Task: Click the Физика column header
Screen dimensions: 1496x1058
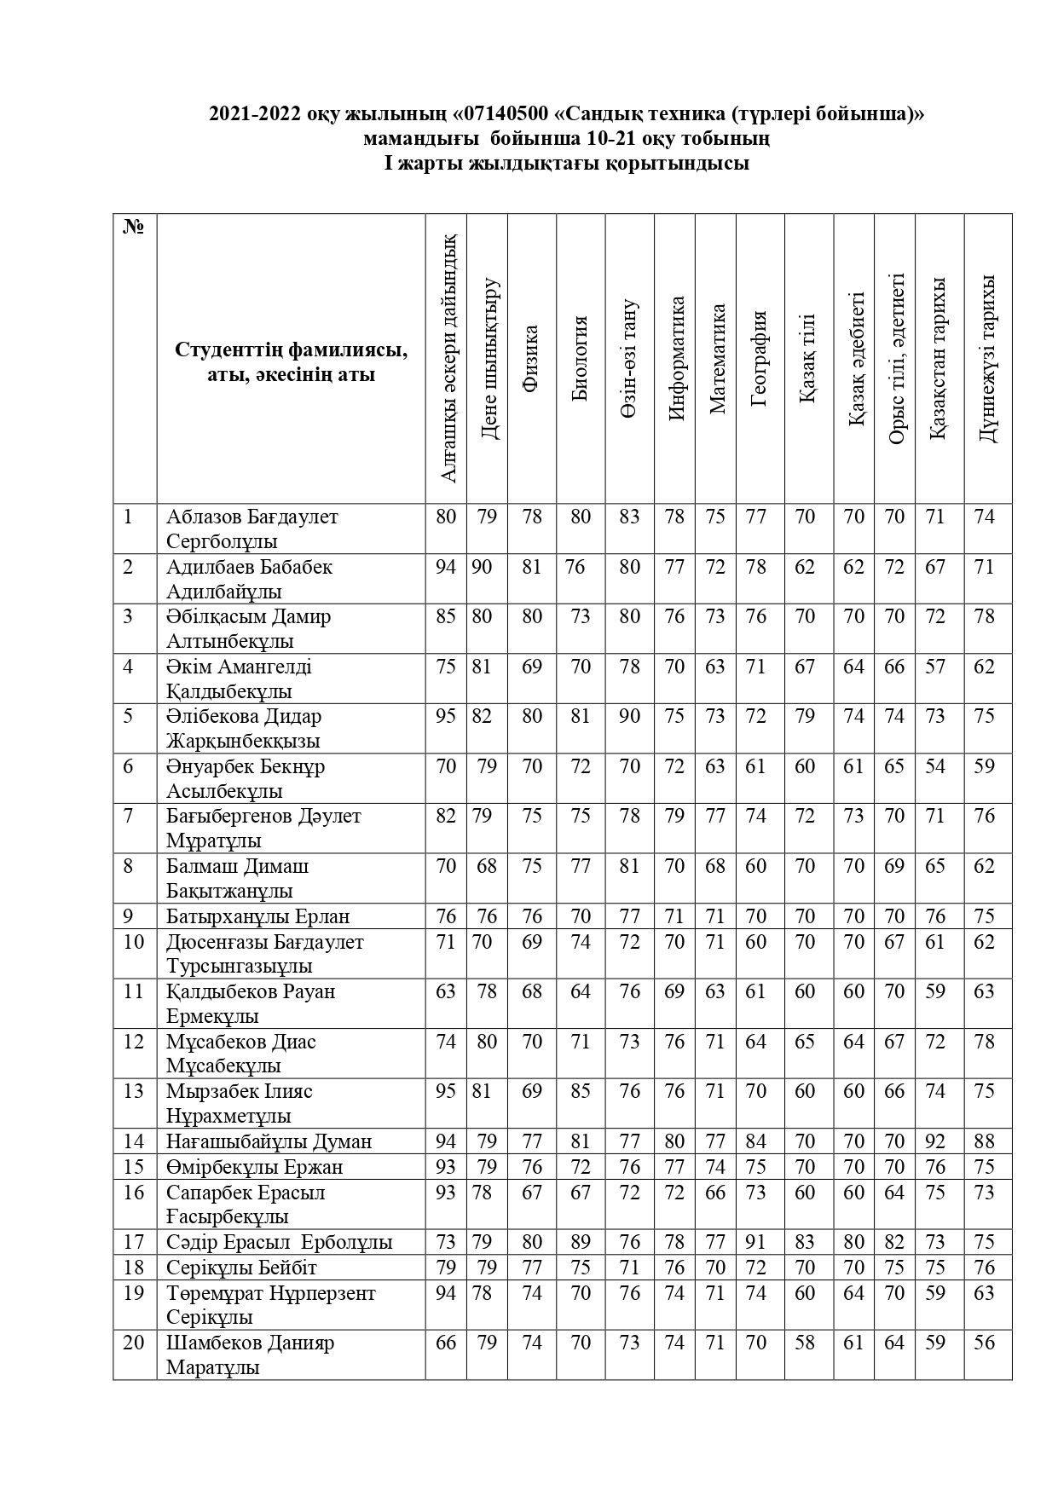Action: (531, 358)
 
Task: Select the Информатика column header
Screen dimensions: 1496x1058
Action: (677, 358)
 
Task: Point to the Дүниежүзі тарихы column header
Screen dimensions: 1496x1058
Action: (986, 358)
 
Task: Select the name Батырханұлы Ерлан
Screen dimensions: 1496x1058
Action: (257, 916)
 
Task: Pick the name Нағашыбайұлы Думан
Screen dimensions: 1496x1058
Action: (269, 1141)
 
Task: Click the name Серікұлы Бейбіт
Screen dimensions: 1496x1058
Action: (242, 1268)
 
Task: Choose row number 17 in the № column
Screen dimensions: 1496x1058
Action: (134, 1242)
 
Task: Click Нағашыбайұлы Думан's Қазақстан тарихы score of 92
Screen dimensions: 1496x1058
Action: (935, 1141)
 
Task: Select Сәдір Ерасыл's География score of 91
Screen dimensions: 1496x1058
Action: (756, 1242)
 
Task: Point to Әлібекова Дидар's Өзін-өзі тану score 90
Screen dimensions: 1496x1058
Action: (629, 716)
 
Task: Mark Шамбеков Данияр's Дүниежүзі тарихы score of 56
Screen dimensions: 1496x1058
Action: (984, 1343)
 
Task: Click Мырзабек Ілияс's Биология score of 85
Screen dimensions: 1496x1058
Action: (581, 1091)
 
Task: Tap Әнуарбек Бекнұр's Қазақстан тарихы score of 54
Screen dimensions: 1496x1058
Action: (935, 766)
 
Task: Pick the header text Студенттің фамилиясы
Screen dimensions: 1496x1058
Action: (291, 350)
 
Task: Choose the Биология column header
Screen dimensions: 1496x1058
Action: (581, 358)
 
